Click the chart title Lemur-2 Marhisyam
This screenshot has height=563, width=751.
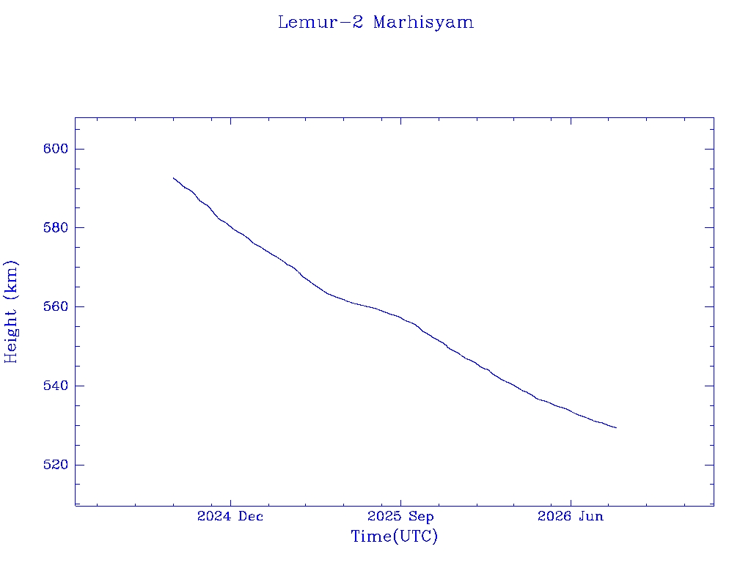376,23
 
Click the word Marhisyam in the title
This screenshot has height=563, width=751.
423,23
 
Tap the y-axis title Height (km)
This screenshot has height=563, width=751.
10,312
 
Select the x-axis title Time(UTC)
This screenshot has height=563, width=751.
394,536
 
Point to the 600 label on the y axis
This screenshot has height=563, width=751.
56,149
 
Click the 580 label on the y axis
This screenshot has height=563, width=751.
56,227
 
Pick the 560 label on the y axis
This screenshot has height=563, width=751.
56,306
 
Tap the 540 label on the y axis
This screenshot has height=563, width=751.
56,386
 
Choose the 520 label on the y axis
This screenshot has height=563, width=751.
56,464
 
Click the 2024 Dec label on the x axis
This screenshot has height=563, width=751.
230,516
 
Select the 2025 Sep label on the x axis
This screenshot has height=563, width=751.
400,516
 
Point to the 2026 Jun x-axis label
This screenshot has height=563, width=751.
571,516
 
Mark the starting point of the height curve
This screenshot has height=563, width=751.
173,177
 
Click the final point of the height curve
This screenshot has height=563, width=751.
616,427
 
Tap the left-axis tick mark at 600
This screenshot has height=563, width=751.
79,149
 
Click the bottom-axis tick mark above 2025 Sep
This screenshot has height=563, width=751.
401,501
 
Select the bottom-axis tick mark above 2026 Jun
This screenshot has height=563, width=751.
571,501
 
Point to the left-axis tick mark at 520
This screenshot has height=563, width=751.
79,464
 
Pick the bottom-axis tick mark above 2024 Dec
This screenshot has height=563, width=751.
230,501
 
